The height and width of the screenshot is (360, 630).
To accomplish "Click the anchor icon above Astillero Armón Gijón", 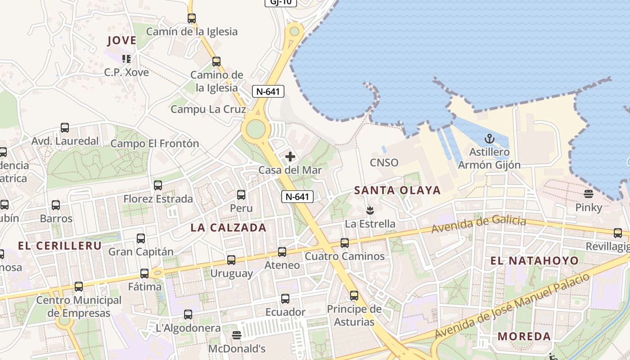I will pyautogui.click(x=489, y=139).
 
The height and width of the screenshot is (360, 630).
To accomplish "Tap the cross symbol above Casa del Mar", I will pyautogui.click(x=290, y=157).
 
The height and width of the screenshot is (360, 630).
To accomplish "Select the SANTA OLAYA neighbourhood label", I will pyautogui.click(x=397, y=190).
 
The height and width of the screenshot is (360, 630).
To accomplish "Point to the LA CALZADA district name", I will pyautogui.click(x=229, y=228).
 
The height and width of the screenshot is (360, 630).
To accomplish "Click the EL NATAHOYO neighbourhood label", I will pyautogui.click(x=534, y=261).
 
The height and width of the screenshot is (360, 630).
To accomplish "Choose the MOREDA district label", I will pyautogui.click(x=524, y=336).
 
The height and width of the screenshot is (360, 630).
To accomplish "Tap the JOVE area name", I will pyautogui.click(x=121, y=40).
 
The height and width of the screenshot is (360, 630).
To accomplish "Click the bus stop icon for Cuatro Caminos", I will pyautogui.click(x=345, y=243).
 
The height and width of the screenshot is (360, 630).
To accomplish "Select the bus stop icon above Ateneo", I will pyautogui.click(x=282, y=252).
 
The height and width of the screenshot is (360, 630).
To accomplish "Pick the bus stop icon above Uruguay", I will pyautogui.click(x=231, y=260).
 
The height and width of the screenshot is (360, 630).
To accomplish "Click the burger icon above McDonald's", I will pyautogui.click(x=237, y=335).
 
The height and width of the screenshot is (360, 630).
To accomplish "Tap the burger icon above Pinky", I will pyautogui.click(x=589, y=194).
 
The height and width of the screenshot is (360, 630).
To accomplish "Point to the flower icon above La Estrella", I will pyautogui.click(x=370, y=210).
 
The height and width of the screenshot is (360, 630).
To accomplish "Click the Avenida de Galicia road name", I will pyautogui.click(x=478, y=225).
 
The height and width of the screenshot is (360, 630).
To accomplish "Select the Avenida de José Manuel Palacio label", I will pyautogui.click(x=513, y=306).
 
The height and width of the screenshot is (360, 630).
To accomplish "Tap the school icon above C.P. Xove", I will pyautogui.click(x=126, y=58).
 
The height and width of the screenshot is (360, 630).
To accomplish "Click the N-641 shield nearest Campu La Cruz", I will pyautogui.click(x=268, y=91).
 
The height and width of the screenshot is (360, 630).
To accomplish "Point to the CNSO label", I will pyautogui.click(x=384, y=162).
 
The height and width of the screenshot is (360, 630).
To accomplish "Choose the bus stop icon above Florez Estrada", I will pyautogui.click(x=158, y=185).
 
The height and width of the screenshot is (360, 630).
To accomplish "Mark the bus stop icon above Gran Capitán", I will pyautogui.click(x=141, y=238).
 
